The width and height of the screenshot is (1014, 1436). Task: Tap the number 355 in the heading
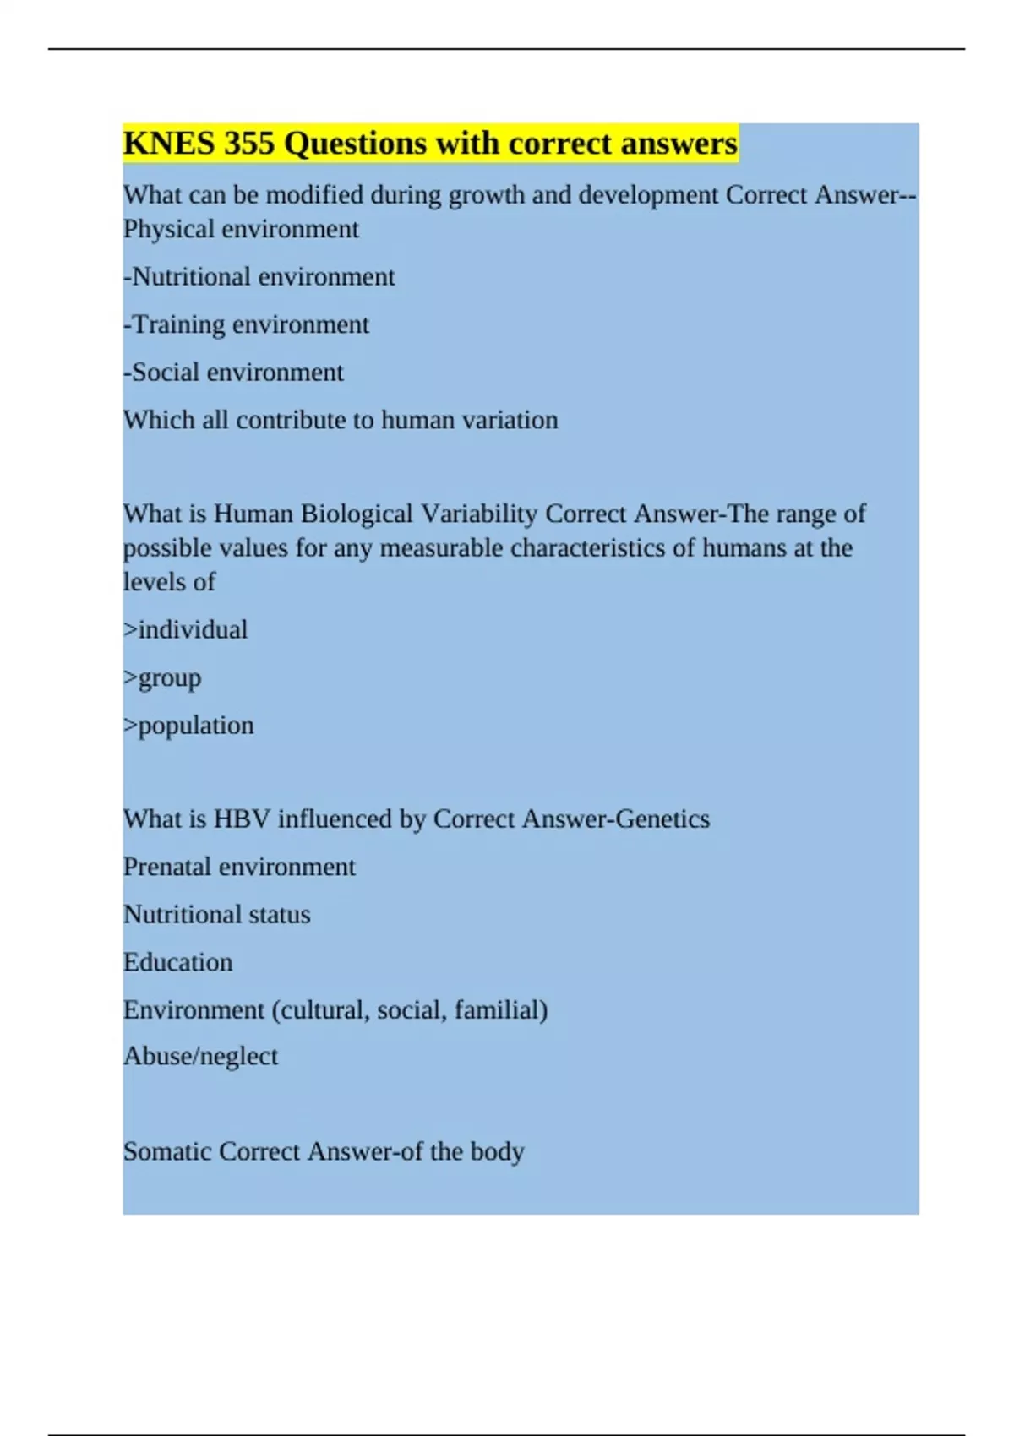(249, 144)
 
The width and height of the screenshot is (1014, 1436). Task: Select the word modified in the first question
(314, 195)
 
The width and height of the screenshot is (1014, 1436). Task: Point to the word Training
(178, 325)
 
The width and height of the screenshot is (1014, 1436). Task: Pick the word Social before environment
(166, 373)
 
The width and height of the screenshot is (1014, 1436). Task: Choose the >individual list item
(186, 630)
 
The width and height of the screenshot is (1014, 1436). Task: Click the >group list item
(163, 678)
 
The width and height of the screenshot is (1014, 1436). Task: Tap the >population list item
(188, 726)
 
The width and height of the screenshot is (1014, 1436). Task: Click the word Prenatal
(166, 867)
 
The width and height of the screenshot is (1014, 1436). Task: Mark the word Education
(178, 962)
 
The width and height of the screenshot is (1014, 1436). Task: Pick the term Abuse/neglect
(200, 1057)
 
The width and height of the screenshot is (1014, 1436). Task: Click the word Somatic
(167, 1152)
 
